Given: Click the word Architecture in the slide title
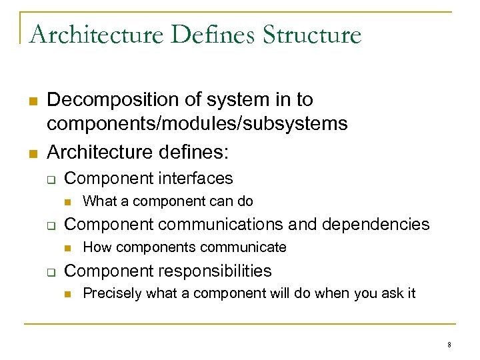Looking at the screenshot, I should (x=96, y=34).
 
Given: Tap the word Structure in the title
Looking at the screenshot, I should (x=312, y=34).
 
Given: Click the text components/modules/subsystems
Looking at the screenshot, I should (x=197, y=124).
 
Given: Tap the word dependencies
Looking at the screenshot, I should (x=377, y=224).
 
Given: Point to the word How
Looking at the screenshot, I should (x=97, y=247).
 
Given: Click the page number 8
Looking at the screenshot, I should (x=449, y=345).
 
